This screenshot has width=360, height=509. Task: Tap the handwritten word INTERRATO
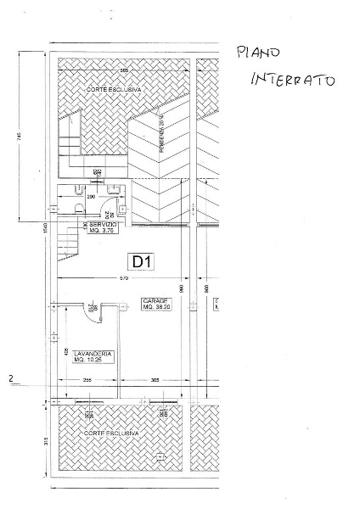point(292,80)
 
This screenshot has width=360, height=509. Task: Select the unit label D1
point(141,261)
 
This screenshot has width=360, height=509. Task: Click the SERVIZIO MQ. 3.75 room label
point(101,227)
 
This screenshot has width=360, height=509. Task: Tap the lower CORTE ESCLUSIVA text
point(110,433)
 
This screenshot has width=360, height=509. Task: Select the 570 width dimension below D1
point(123,278)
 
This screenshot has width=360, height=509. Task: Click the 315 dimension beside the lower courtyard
point(32,442)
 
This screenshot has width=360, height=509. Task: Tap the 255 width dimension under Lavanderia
point(87,380)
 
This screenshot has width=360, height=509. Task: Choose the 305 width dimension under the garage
point(154,380)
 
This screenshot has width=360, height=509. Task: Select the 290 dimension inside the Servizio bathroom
point(90,196)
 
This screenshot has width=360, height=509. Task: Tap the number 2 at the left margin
point(10,379)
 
